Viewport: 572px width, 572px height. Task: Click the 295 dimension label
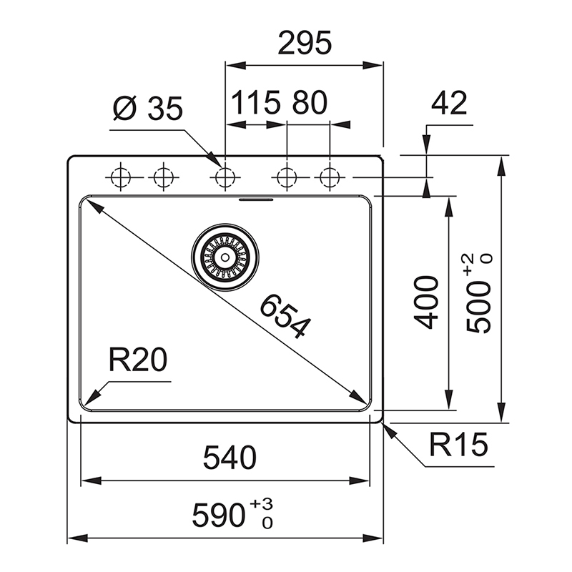(x=305, y=43)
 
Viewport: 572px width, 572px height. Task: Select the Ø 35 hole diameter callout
(x=148, y=109)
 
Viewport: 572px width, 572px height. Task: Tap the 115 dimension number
(x=256, y=102)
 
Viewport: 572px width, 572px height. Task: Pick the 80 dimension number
(x=310, y=102)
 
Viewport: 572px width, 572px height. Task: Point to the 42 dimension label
(x=449, y=103)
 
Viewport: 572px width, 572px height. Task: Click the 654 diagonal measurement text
(x=285, y=316)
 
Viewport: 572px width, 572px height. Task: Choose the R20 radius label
(x=138, y=360)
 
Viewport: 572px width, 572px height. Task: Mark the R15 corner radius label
(x=458, y=444)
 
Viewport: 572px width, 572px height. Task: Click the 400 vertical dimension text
(x=425, y=302)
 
